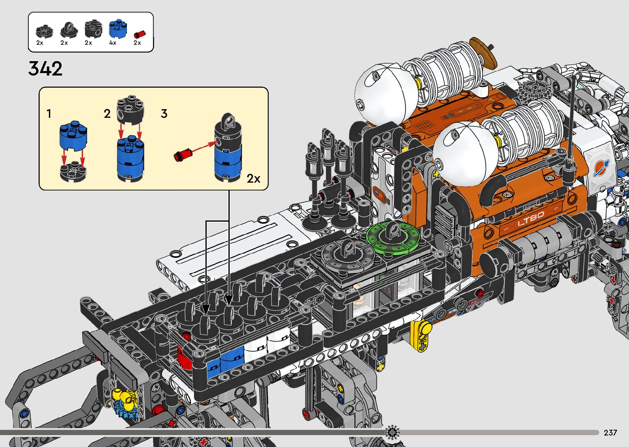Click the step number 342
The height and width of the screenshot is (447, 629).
(45, 69)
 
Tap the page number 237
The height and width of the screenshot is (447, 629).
(610, 433)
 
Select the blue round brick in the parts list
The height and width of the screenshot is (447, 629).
(118, 29)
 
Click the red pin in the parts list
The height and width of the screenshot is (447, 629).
(140, 34)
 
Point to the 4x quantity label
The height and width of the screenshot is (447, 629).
(113, 43)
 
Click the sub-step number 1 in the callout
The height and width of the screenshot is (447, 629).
(49, 114)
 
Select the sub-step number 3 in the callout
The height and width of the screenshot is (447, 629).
(164, 114)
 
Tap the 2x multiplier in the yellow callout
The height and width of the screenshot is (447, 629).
(253, 179)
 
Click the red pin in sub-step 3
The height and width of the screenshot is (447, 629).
(182, 155)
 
